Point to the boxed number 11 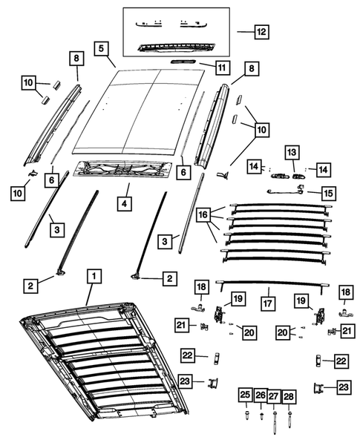click(221, 68)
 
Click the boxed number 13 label click(292, 152)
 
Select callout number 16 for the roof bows click(203, 214)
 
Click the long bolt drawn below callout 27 click(274, 421)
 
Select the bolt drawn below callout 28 click(289, 418)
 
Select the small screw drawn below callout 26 click(261, 417)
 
